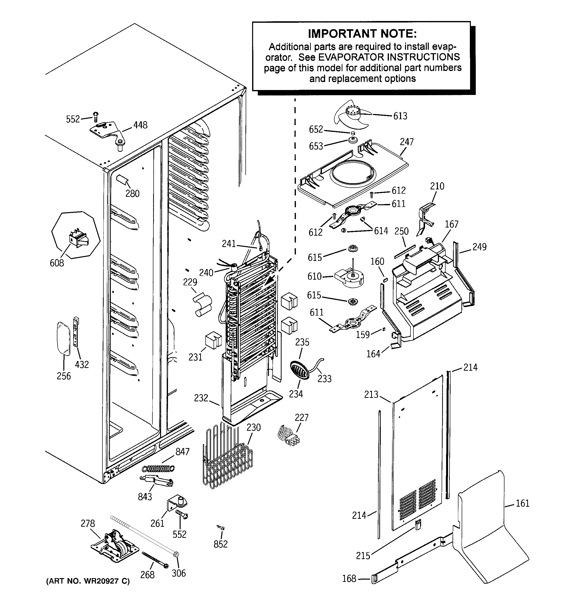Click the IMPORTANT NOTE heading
click(362, 34)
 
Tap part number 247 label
click(407, 142)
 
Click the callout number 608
click(57, 263)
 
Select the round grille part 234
click(299, 370)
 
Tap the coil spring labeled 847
click(158, 468)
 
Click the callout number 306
click(179, 573)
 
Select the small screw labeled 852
click(221, 528)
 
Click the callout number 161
click(523, 504)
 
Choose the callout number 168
click(349, 579)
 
